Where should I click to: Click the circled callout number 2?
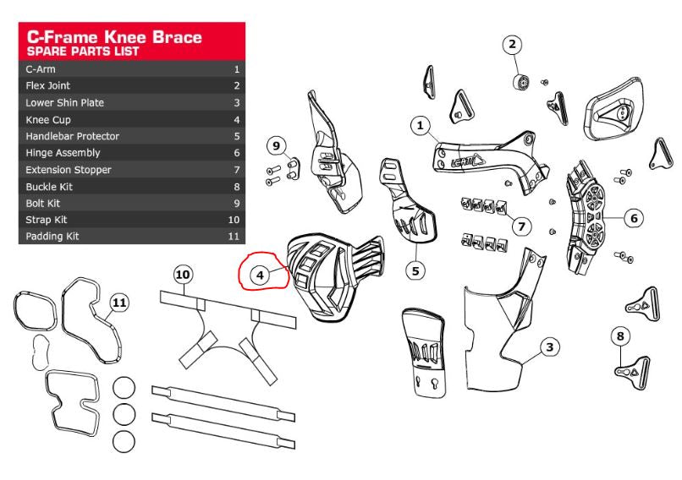[513, 44]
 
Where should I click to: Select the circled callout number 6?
[633, 218]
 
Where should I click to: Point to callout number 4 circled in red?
[261, 275]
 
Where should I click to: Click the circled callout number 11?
[120, 302]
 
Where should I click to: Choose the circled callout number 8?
[619, 336]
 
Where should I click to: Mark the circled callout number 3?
[548, 346]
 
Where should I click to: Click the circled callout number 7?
[522, 226]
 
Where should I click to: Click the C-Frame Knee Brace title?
[113, 37]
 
